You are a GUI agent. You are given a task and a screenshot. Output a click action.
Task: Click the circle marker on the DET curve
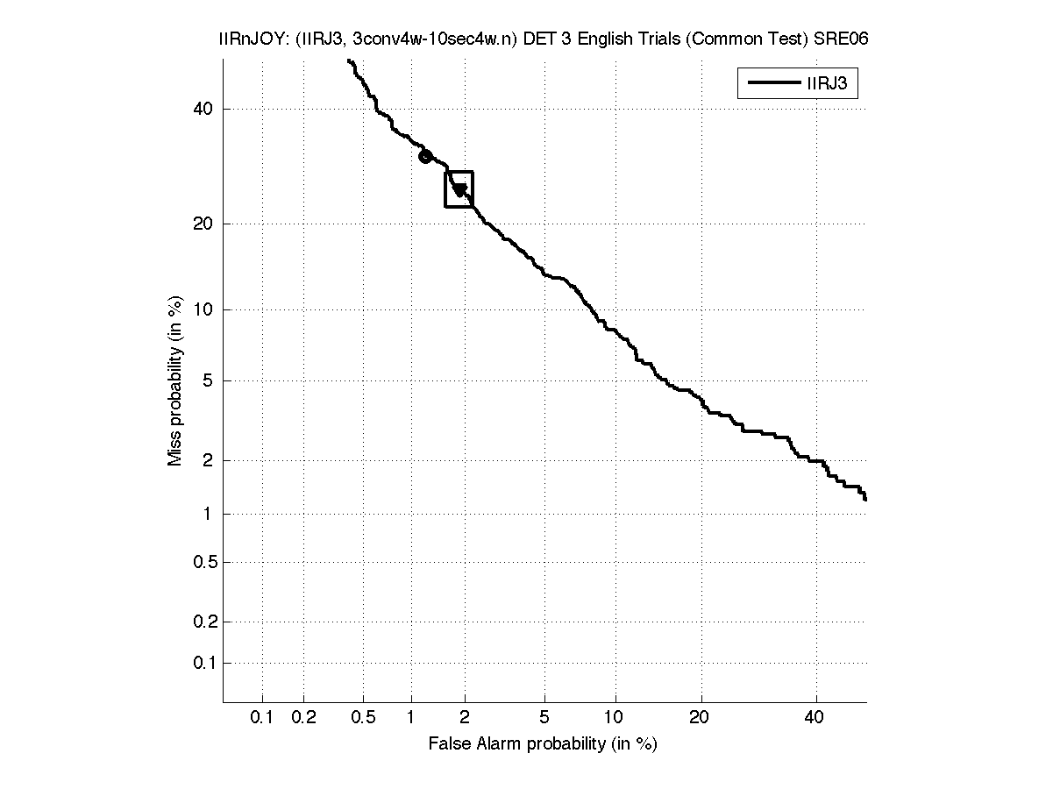tap(425, 157)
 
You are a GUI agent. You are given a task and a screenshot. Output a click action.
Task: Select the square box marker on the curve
tap(459, 189)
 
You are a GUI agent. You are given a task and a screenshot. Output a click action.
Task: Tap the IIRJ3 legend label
tap(826, 84)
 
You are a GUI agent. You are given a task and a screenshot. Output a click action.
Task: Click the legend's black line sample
tap(771, 84)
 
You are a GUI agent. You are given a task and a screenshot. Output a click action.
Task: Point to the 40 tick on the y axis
tap(203, 109)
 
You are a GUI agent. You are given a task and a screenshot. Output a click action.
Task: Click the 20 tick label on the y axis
tap(203, 224)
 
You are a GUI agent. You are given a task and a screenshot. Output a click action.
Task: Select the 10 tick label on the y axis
tap(203, 309)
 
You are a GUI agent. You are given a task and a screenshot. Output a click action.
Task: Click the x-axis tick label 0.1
tap(262, 718)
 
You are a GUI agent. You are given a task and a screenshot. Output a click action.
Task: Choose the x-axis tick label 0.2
tap(303, 718)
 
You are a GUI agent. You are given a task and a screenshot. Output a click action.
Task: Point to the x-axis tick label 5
tap(544, 718)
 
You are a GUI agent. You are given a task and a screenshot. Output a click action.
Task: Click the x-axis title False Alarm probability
tap(543, 744)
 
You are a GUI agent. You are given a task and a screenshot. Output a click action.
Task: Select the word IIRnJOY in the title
tap(248, 39)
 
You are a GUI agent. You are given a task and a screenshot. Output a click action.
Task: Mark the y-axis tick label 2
tap(208, 460)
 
